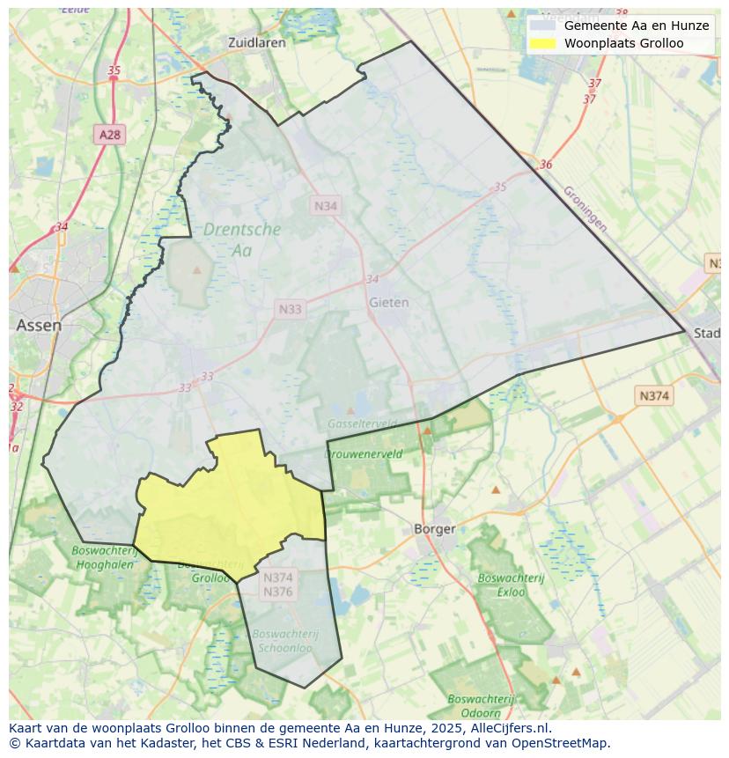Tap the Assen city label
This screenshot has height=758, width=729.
coord(39,325)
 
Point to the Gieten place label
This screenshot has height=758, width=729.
coord(388,302)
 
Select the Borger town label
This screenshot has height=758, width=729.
coord(435,529)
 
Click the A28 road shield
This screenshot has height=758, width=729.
coord(110,135)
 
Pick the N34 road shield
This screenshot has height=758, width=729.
coord(326,205)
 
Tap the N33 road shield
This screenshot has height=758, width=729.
coord(290,309)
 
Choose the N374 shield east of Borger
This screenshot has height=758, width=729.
coord(653,396)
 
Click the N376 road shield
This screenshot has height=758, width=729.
coord(277,592)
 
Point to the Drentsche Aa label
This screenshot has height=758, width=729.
coord(242,239)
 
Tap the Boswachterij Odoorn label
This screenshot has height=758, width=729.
coord(474,706)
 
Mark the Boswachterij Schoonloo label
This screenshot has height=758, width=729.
coord(283,640)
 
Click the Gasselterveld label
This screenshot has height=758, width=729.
coord(361,423)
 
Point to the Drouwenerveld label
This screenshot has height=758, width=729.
coord(364,454)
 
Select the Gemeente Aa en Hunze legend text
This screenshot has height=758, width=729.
coord(636,26)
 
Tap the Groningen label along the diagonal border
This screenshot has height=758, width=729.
coord(585,208)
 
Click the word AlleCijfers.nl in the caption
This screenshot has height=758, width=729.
coord(510,728)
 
